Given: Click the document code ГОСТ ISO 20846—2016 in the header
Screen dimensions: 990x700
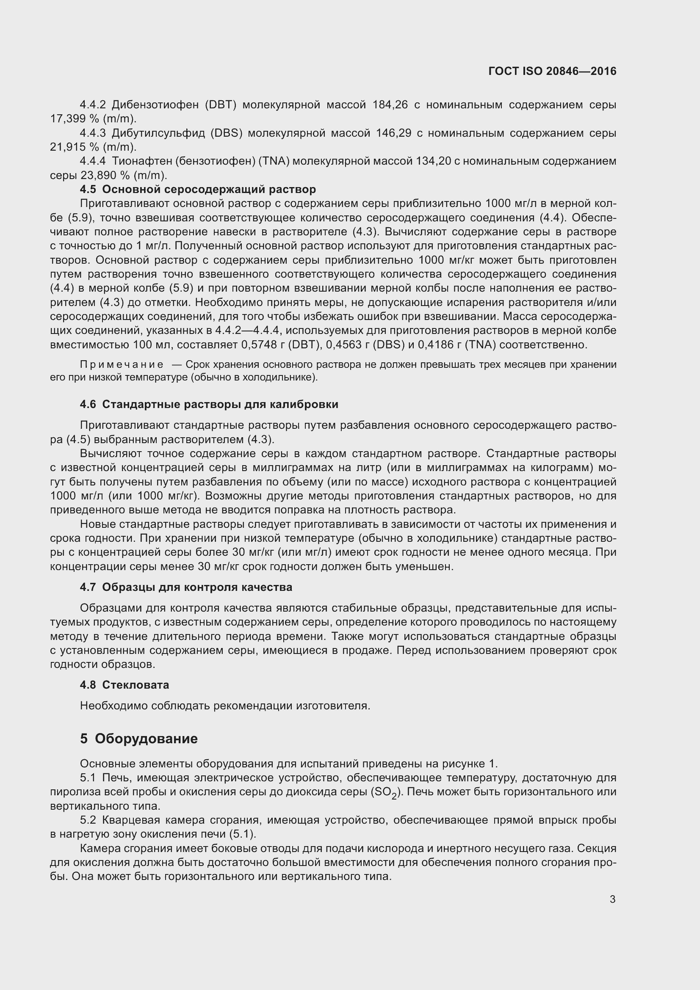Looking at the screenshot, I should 552,71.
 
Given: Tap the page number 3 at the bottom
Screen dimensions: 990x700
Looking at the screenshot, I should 612,899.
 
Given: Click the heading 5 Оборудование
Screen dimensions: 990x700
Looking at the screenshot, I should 138,739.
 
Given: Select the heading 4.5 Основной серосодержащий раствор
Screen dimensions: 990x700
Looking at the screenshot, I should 197,189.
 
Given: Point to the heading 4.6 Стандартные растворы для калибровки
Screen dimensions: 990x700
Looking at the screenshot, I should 209,405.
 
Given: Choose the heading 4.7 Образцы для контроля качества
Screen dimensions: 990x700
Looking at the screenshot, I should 186,587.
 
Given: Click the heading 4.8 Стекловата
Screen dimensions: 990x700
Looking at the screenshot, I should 124,685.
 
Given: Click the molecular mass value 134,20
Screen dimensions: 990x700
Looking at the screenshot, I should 433,161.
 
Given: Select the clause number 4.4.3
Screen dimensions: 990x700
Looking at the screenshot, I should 93,133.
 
